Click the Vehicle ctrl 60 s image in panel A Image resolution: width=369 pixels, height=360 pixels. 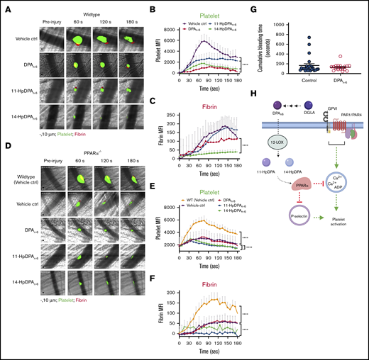pyautogui.click(x=77, y=39)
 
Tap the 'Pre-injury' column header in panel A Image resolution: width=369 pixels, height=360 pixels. pyautogui.click(x=51, y=21)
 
